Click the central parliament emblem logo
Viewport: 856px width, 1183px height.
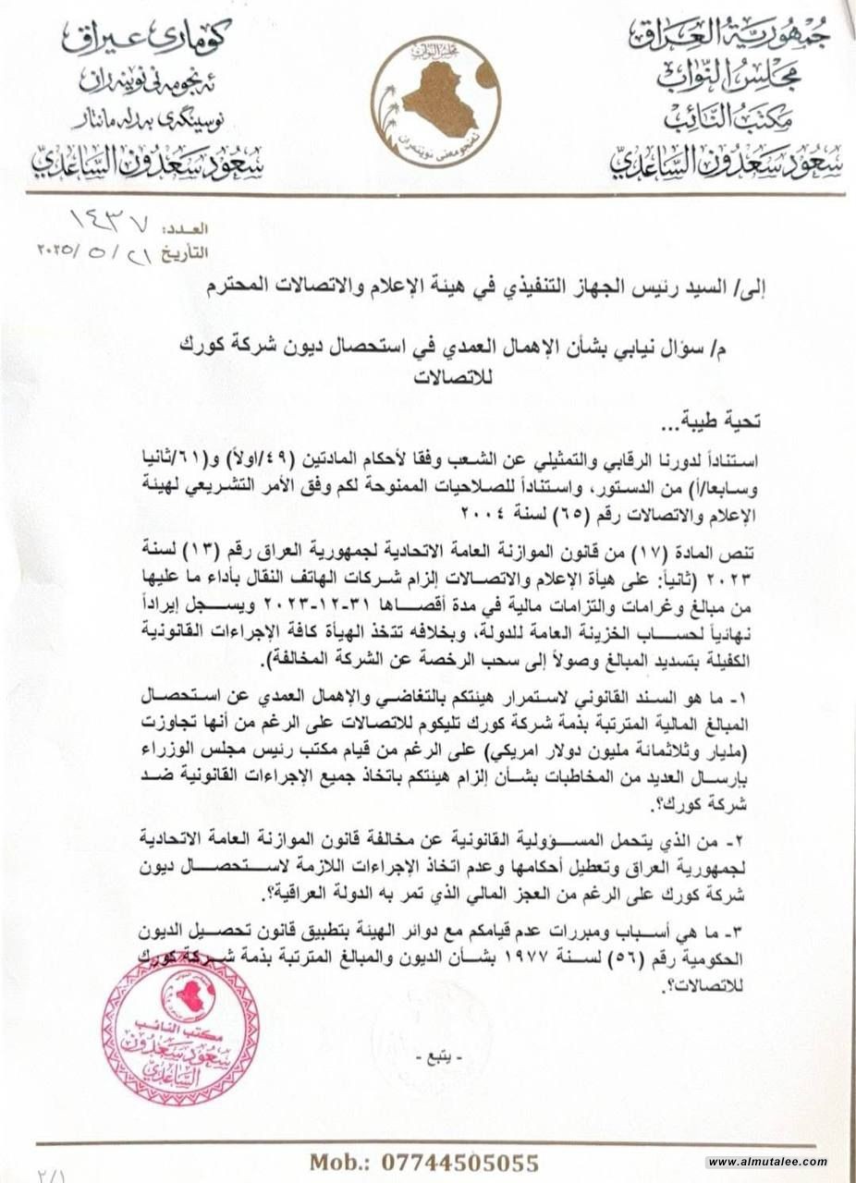coord(437,97)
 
